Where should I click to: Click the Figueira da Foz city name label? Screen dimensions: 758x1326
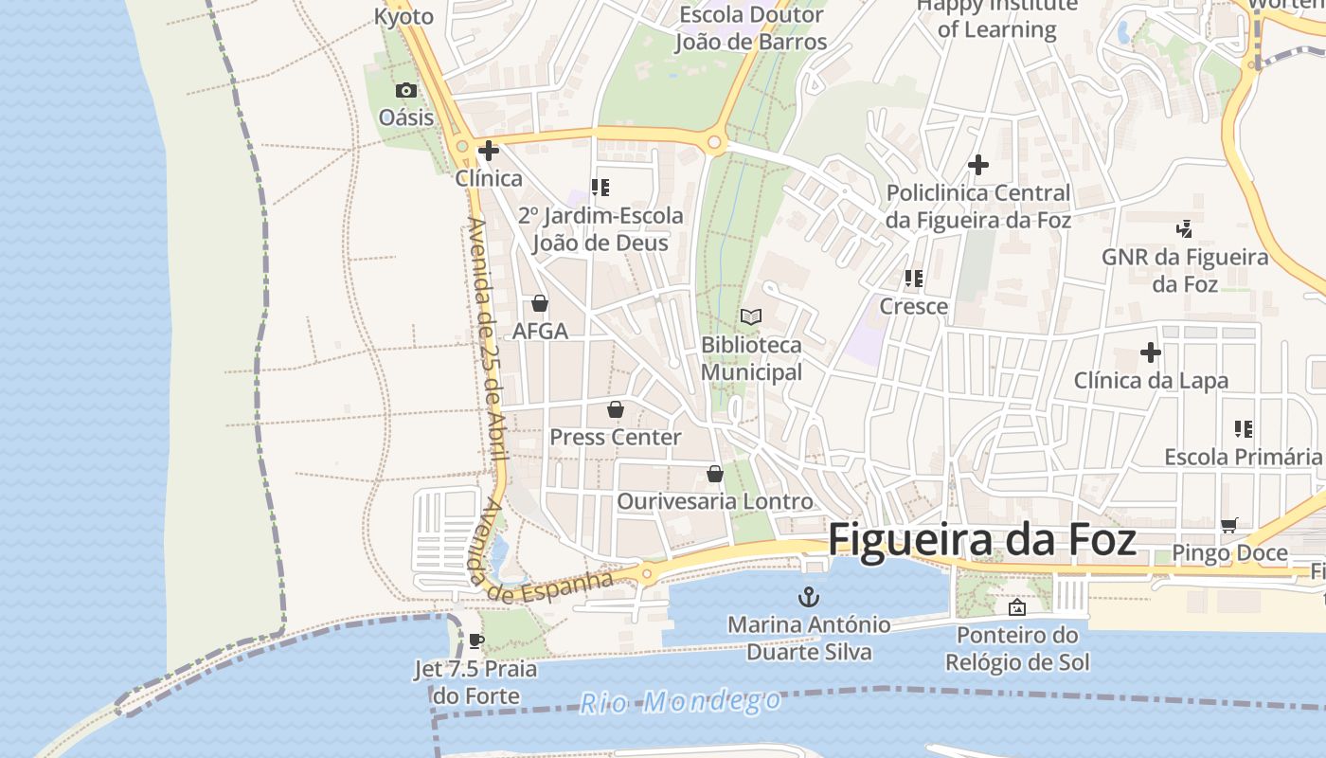(x=982, y=540)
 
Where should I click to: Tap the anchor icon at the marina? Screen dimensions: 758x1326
(x=810, y=597)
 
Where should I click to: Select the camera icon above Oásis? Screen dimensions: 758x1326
(x=406, y=91)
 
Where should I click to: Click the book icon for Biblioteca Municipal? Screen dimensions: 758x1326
(x=751, y=316)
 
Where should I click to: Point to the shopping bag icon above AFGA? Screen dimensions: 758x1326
(x=540, y=303)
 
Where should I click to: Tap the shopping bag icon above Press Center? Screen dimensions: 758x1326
(x=616, y=409)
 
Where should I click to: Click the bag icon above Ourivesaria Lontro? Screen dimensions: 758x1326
(x=715, y=474)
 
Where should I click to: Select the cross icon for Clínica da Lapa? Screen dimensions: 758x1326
(x=1151, y=353)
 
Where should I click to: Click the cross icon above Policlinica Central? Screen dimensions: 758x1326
(x=978, y=165)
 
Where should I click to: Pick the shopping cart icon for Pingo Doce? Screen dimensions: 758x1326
(x=1229, y=525)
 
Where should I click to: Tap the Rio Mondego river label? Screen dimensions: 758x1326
(x=681, y=702)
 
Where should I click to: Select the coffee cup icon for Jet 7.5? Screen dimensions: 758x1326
(x=476, y=641)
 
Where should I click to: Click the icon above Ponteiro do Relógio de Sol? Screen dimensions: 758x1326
(x=1017, y=607)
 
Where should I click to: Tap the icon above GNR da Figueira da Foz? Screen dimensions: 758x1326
(x=1184, y=228)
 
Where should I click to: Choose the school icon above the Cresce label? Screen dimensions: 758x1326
(x=914, y=279)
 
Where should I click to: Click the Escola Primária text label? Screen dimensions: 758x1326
(x=1243, y=457)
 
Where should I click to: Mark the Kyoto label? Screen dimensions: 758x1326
(x=403, y=16)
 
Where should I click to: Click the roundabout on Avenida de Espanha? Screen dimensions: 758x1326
(x=647, y=573)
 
